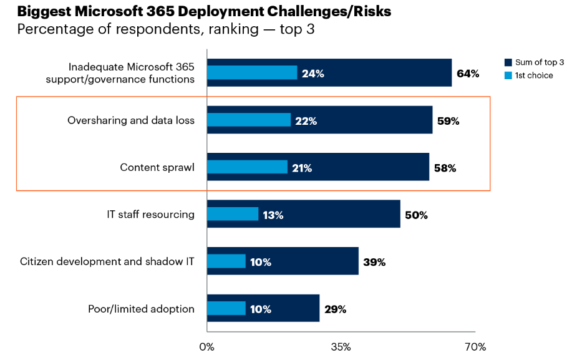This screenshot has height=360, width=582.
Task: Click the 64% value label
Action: pos(468,74)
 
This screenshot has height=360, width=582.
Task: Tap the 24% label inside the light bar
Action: pos(313,74)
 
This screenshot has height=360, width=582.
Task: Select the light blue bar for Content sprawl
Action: pos(247,167)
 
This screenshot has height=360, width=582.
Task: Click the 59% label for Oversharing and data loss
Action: pos(448,121)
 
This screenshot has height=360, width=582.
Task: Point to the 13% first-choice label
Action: pos(273,215)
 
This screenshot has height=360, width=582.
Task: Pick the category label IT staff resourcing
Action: pos(150,215)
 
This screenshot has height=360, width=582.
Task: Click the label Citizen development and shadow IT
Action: pos(107,261)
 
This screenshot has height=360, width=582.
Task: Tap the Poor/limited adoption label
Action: pos(142,309)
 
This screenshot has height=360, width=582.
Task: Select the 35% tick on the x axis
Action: pos(341,346)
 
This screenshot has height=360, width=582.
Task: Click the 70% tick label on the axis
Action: pos(475,346)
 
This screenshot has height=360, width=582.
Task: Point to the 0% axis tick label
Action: pos(206,346)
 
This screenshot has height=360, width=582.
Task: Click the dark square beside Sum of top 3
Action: pos(508,62)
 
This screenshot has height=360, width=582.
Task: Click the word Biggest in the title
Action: pos(46,12)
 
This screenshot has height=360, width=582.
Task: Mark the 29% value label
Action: pos(334,309)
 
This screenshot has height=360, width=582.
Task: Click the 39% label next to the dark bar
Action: pos(374,262)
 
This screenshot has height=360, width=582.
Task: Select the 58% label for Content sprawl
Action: pos(445,168)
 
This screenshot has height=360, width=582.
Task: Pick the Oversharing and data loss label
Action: pos(131,120)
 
